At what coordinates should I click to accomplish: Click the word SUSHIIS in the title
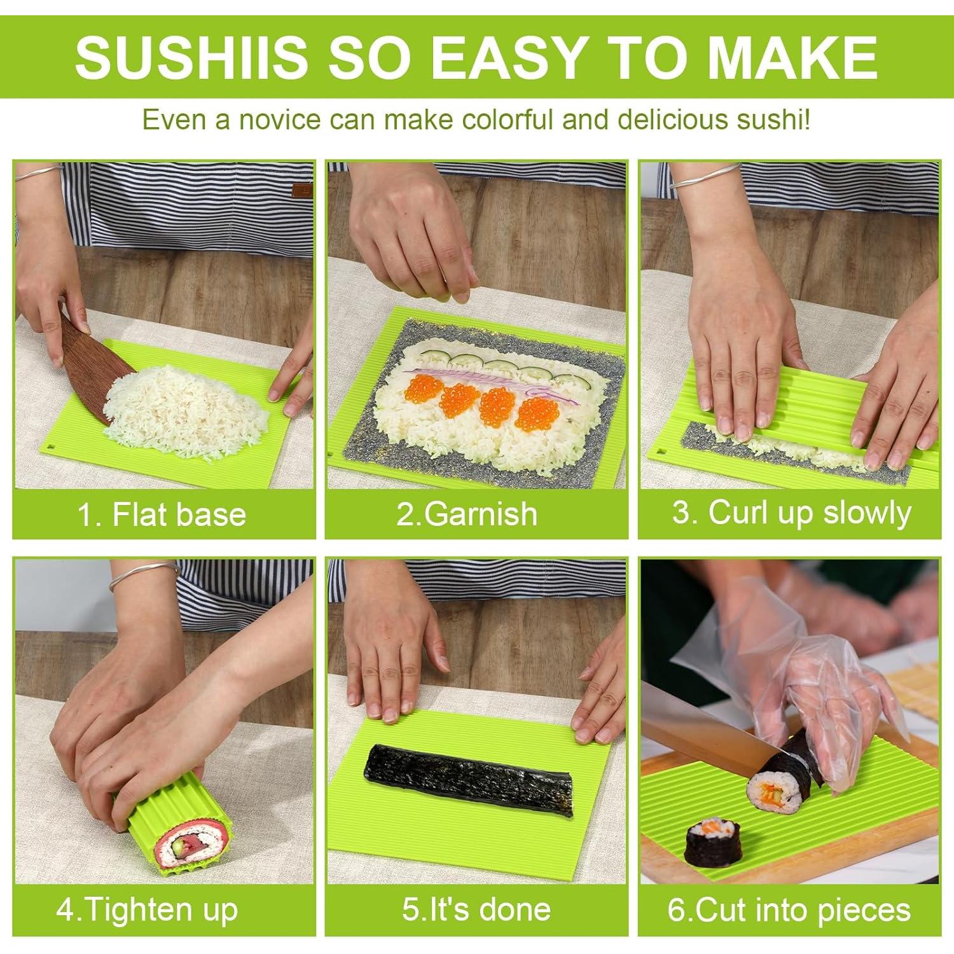[191, 57]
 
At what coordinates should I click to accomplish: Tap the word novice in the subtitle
[277, 120]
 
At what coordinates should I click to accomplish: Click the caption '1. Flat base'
[162, 514]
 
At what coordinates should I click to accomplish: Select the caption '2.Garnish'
[467, 514]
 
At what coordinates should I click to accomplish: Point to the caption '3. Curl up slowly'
[792, 513]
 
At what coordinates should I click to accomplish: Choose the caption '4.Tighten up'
[147, 910]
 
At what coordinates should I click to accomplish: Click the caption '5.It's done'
[476, 910]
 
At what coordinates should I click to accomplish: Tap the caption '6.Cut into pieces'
[789, 910]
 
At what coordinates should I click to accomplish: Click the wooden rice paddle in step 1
[89, 363]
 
